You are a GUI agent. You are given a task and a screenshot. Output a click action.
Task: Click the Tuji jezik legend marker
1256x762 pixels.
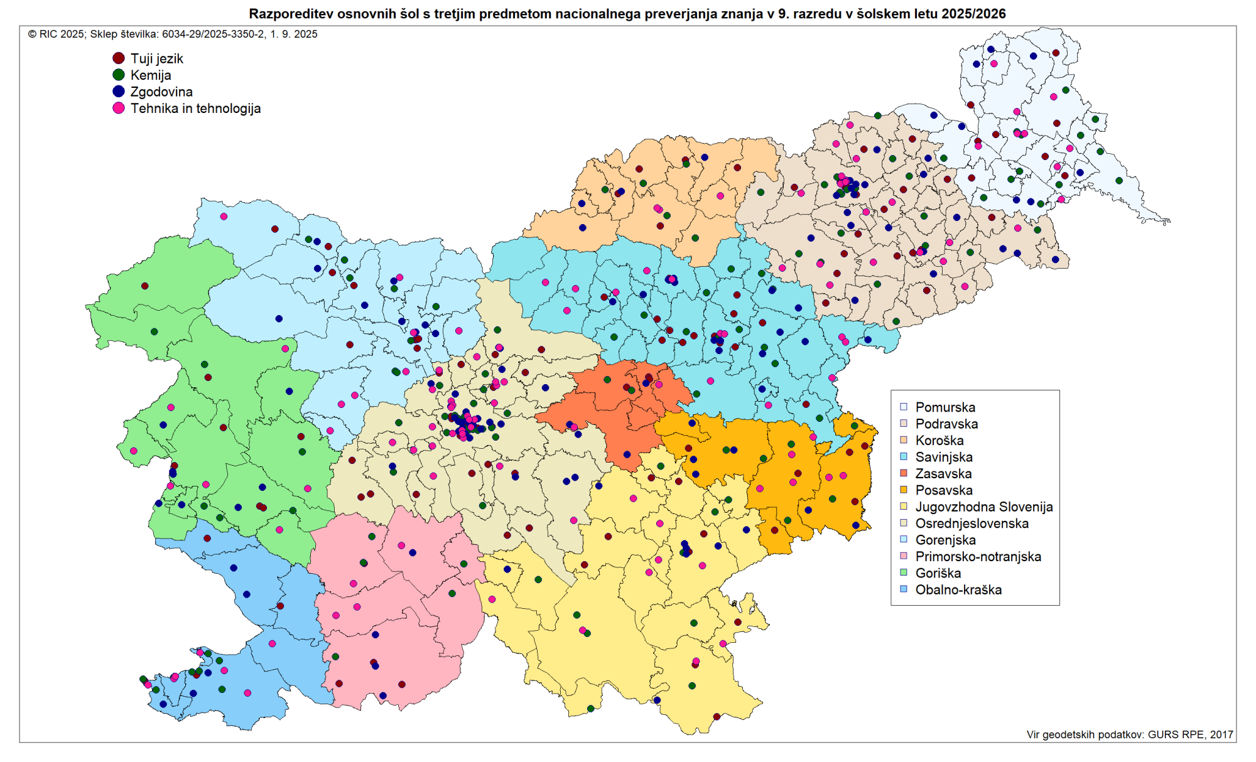click(119, 58)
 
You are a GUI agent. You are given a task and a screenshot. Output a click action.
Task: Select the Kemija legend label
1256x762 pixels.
click(151, 75)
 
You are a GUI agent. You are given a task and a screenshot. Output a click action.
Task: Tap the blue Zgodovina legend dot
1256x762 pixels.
click(119, 92)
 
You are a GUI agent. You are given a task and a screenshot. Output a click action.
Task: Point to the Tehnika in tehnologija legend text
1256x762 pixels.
click(195, 108)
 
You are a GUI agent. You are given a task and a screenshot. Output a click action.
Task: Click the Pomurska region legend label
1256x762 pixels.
click(945, 407)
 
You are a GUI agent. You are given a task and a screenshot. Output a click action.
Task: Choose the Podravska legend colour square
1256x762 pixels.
click(904, 424)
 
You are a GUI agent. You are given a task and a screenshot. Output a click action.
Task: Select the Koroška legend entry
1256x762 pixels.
click(939, 441)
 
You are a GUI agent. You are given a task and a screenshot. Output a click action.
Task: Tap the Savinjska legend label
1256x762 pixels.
click(944, 457)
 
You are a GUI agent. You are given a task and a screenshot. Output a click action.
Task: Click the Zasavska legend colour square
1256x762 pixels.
click(904, 473)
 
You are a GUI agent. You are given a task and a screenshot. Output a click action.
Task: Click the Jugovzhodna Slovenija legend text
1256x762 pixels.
click(984, 507)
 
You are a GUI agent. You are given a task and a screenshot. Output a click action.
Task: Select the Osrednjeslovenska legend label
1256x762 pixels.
click(972, 523)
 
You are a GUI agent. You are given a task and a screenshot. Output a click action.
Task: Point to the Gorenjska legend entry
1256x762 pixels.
click(945, 540)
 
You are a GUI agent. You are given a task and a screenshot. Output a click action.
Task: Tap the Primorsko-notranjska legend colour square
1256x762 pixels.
click(904, 556)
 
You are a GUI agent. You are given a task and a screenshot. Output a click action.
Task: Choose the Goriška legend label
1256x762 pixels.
click(938, 573)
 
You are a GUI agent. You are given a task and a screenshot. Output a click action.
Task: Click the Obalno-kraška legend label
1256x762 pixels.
click(958, 589)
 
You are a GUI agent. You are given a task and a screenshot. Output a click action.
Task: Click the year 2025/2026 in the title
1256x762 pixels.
click(973, 14)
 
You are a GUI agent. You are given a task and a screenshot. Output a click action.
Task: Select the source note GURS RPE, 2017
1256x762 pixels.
click(1190, 734)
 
